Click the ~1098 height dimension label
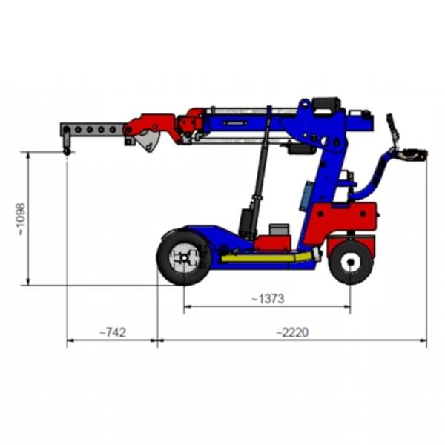point(22,219)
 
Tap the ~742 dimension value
point(113,332)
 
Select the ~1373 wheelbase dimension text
point(268,299)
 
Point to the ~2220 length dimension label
point(292,332)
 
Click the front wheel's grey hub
point(185,257)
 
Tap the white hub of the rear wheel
point(351,262)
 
